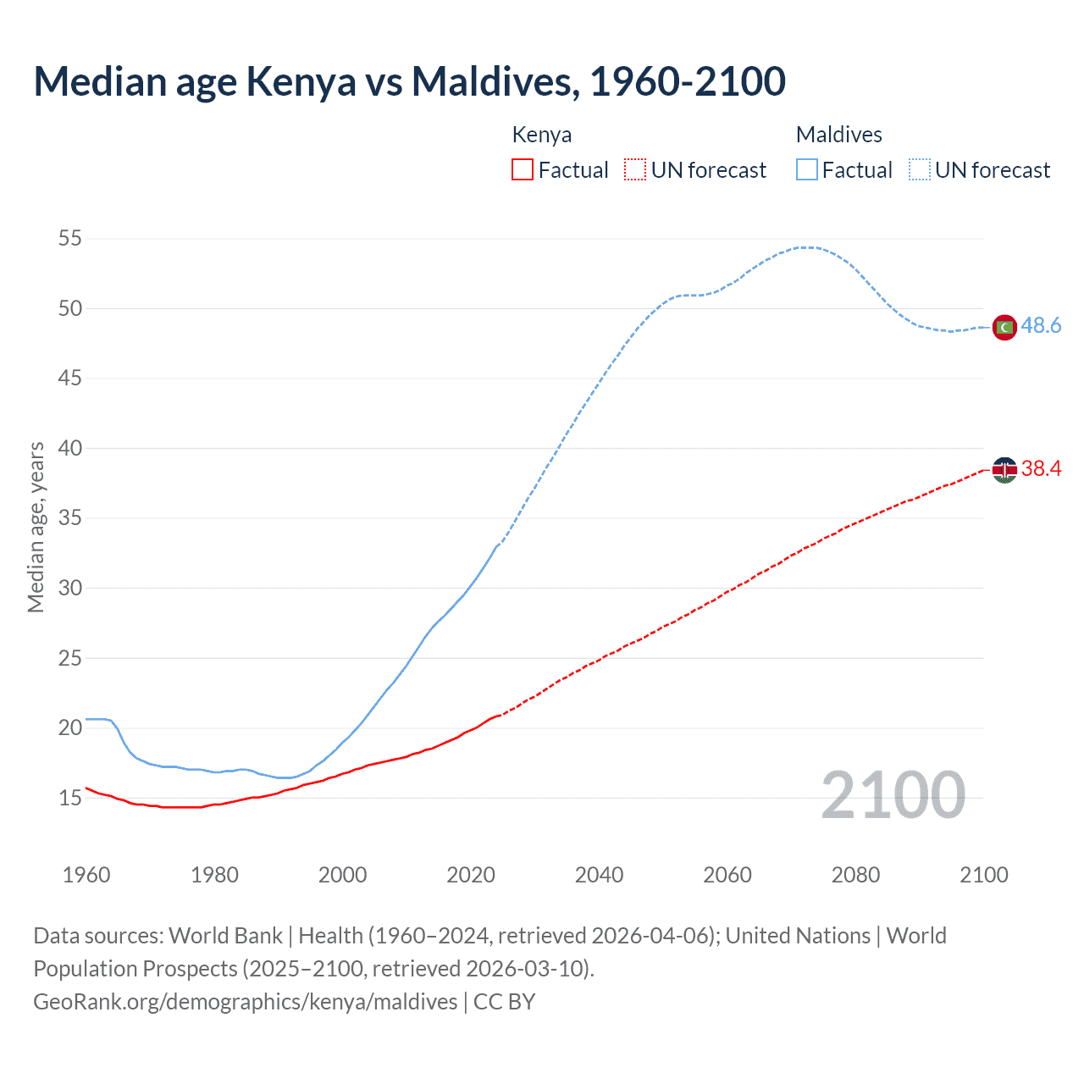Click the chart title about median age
[409, 81]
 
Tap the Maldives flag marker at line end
[1004, 327]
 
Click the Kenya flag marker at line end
[1004, 469]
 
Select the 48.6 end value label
[1041, 326]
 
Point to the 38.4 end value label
[1041, 468]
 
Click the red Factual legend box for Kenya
[523, 170]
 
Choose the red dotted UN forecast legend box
[635, 170]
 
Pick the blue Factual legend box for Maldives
[806, 170]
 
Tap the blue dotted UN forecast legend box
[919, 170]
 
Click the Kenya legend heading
[542, 135]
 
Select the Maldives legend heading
[838, 135]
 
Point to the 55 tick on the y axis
[70, 239]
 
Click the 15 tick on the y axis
[70, 798]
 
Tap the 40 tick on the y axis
[70, 448]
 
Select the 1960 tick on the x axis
[86, 875]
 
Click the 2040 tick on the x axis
[599, 875]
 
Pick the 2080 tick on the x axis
[855, 875]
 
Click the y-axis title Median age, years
[36, 527]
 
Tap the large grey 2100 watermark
[893, 795]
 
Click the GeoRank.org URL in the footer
[246, 1002]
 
